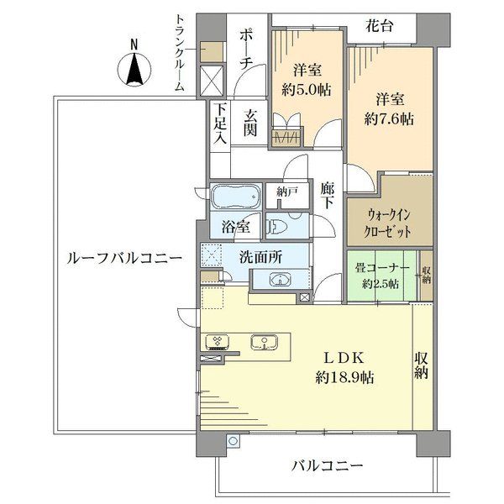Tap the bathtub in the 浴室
point(235,197)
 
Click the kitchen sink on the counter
point(264,342)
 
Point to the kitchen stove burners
point(217,342)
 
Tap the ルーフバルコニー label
point(124,258)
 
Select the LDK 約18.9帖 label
point(344,367)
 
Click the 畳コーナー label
point(382,267)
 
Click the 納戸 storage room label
point(287,192)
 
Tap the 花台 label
point(380,26)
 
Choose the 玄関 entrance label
point(250,123)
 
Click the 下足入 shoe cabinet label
point(220,123)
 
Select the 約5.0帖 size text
point(307,90)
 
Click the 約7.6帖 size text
point(389,119)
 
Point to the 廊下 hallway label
point(327,196)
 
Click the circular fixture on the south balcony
point(233,441)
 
